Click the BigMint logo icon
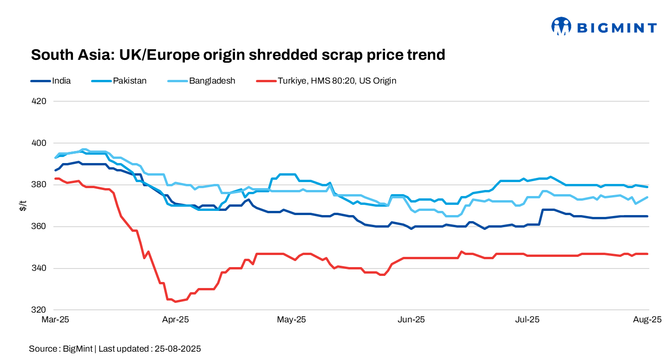561,26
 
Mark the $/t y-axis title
22,206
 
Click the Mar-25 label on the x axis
55,320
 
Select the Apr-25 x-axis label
176,320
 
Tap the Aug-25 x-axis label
647,320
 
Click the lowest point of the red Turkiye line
175,301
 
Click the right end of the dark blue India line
647,216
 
